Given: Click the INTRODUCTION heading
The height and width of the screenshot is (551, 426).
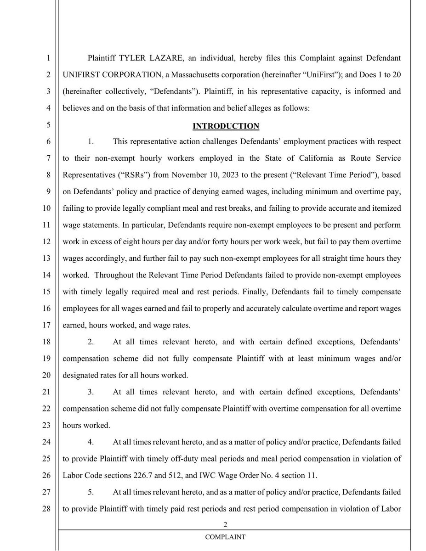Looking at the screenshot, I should tap(226, 126).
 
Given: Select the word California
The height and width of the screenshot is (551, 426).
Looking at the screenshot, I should tap(279, 158).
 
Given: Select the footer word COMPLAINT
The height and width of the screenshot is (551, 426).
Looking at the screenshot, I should tap(225, 537).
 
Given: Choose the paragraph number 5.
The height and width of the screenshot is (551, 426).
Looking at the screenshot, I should tap(91, 492).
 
